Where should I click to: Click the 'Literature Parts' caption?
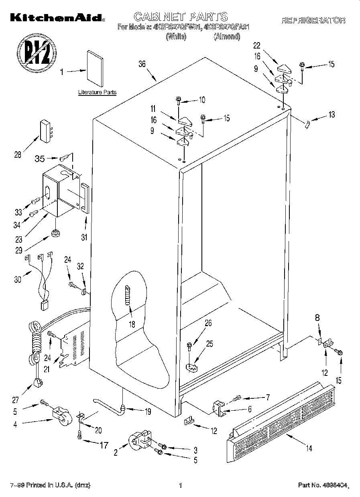coord(97,92)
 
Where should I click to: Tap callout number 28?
coord(18,155)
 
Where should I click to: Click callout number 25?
coord(209,343)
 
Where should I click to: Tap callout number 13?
coord(331,114)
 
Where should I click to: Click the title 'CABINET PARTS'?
coord(180,16)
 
